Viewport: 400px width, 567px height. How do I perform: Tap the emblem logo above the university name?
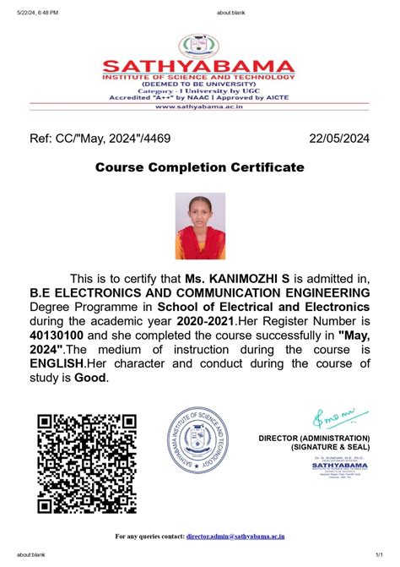(200, 44)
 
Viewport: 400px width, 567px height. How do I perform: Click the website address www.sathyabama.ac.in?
(199, 107)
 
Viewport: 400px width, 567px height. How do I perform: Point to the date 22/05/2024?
(338, 138)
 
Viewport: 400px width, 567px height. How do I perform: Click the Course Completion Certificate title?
(199, 167)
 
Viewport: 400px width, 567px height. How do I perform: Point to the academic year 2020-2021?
(204, 320)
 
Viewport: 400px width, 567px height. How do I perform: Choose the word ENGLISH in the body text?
(57, 363)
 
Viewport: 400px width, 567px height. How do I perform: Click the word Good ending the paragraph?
(92, 378)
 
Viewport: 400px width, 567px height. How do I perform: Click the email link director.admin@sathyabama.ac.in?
(235, 536)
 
